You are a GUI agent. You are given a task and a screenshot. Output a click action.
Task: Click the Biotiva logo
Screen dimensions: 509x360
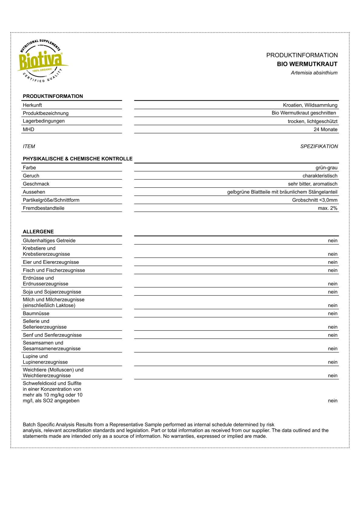coord(42,60)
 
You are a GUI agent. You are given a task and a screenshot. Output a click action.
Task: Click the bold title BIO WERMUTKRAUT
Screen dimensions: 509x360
coord(307,64)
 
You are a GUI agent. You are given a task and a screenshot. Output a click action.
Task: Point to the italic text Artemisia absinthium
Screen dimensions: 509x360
coord(314,73)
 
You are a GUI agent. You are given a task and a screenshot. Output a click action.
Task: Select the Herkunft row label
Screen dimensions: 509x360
coord(32,105)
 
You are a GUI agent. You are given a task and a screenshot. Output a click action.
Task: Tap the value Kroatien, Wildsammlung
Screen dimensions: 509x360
coord(310,105)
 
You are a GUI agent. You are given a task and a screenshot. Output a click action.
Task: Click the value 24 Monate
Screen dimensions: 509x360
coord(326,129)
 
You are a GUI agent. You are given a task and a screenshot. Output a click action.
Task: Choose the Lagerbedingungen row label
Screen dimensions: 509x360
coord(44,121)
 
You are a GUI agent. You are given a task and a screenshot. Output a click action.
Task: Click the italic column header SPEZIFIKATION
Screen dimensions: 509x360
coord(319,146)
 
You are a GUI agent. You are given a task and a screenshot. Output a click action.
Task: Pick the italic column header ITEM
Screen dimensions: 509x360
coord(29,146)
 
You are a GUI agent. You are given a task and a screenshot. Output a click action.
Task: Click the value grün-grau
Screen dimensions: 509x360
coord(326,168)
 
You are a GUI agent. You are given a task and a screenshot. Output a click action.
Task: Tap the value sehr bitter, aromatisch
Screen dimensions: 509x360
coord(313,184)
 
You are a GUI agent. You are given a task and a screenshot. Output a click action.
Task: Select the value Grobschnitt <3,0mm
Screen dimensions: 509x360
coord(315,200)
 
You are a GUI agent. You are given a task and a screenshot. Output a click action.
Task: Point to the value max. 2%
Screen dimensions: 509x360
coord(327,208)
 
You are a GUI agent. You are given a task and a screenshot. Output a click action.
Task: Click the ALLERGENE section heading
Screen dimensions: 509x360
coord(38,232)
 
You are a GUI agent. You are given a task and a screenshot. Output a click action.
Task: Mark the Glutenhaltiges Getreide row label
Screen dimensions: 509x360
coord(49,241)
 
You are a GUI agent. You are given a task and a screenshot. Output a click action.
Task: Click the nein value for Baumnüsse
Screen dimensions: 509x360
coord(332,313)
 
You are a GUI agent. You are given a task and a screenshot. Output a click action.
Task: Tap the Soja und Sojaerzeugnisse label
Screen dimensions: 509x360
coord(52,292)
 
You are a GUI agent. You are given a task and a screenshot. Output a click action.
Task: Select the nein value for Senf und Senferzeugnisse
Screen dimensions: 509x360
coord(332,335)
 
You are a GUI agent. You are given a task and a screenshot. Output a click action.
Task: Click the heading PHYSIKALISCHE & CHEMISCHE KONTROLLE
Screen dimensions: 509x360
coord(78,159)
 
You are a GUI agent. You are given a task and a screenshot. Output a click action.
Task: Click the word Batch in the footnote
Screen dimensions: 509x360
coord(29,425)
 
